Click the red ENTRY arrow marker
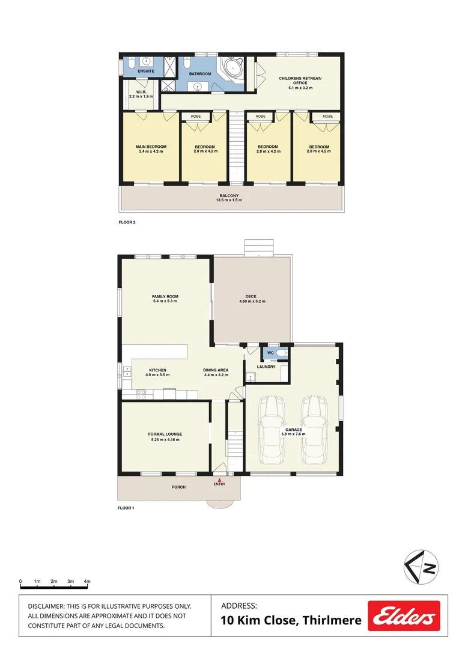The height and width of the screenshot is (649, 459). (x=219, y=479)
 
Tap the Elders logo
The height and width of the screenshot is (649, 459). (x=404, y=617)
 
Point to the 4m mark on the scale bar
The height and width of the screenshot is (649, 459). (x=87, y=582)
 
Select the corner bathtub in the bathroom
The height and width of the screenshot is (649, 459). (x=233, y=69)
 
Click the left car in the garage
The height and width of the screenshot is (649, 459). (x=271, y=429)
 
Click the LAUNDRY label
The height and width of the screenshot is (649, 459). (x=266, y=367)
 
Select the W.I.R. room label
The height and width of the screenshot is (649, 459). (x=137, y=92)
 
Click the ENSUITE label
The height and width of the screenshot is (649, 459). (x=146, y=72)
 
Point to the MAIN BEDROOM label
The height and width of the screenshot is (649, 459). (x=151, y=147)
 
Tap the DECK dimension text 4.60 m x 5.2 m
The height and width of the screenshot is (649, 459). (x=252, y=301)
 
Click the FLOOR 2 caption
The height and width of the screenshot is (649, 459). (x=127, y=222)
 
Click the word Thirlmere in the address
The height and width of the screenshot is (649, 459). (x=332, y=621)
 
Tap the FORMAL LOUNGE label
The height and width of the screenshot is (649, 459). (x=165, y=434)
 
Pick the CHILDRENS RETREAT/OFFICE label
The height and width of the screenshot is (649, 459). (x=300, y=81)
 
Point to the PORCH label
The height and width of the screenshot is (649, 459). (x=178, y=487)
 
